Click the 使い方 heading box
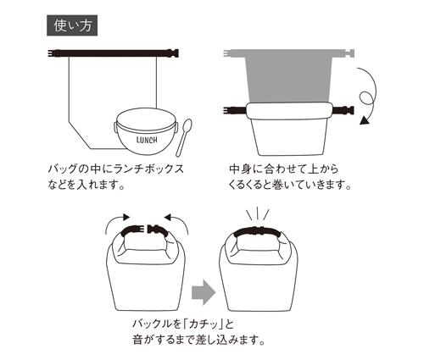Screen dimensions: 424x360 point(72,25)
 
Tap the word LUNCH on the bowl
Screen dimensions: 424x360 point(147,140)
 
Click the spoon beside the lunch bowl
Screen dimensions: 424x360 point(184,137)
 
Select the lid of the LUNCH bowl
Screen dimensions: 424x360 point(147,121)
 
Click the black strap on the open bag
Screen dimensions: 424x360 point(114,53)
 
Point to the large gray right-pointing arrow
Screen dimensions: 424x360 point(204,293)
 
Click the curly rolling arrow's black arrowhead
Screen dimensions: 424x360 point(365,121)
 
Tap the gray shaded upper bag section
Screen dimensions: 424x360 point(288,79)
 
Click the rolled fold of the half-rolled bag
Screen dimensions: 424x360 point(288,111)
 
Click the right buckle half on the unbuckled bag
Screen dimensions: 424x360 point(159,230)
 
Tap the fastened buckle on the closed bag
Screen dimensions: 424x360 point(259,230)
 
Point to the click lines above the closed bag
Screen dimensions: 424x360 point(257,215)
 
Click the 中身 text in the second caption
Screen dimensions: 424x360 point(240,169)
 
